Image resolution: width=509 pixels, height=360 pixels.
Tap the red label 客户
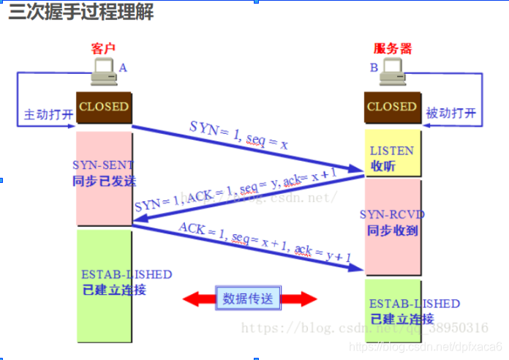pyautogui.click(x=104, y=48)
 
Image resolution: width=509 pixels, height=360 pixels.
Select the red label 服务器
pyautogui.click(x=393, y=48)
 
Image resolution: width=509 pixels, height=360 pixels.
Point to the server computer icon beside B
pyautogui.click(x=393, y=72)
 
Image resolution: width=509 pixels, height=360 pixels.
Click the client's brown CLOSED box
pyautogui.click(x=104, y=107)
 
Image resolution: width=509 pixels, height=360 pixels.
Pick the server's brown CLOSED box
pyautogui.click(x=392, y=107)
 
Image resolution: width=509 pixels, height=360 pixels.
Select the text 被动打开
pyautogui.click(x=450, y=114)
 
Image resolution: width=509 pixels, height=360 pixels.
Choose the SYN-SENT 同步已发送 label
pyautogui.click(x=104, y=173)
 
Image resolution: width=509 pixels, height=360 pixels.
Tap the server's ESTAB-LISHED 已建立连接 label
pyautogui.click(x=404, y=311)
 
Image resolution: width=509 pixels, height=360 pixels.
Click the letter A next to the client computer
pyautogui.click(x=123, y=67)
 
